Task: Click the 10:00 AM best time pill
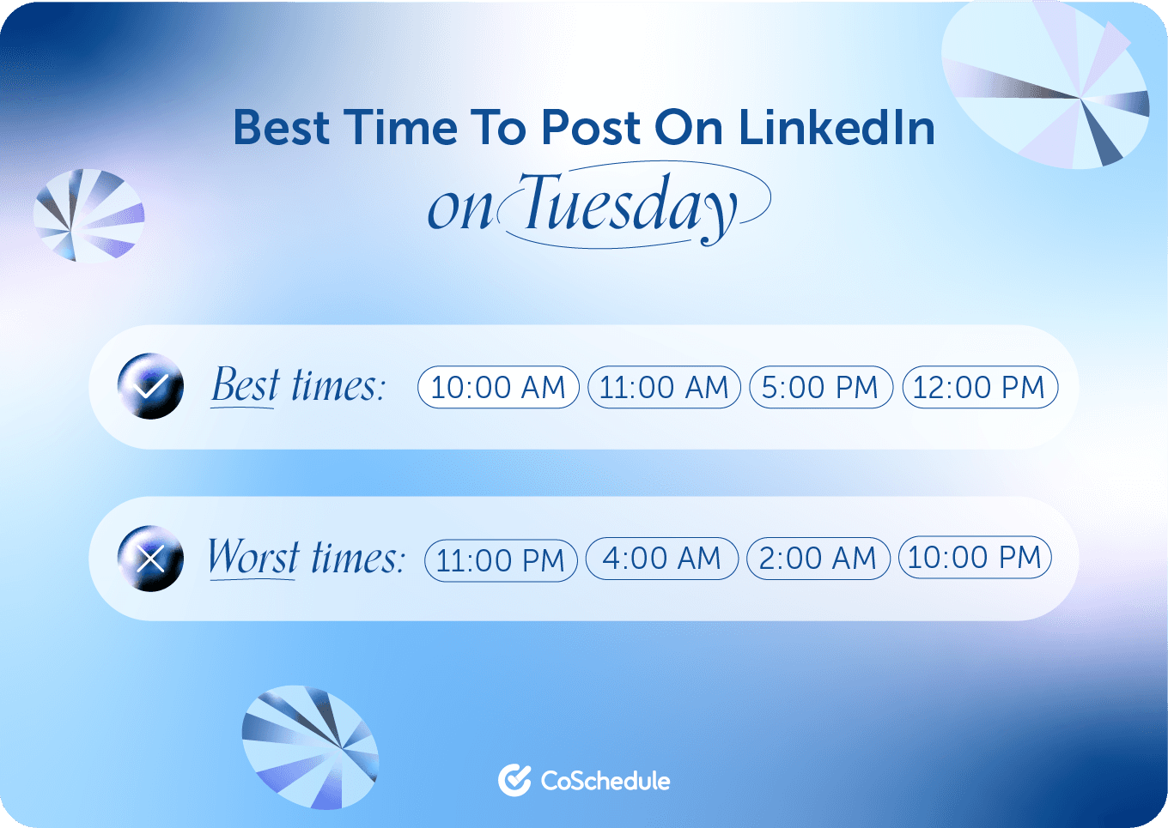point(498,387)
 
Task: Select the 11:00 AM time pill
point(664,387)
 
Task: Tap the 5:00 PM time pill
point(820,387)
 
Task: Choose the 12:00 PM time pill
point(979,387)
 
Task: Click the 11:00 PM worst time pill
point(501,560)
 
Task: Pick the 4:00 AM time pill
point(661,559)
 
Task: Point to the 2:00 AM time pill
point(818,559)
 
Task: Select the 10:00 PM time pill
point(974,558)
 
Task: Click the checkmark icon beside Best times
point(150,386)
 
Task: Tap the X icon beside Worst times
point(150,559)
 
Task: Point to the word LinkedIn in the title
point(836,128)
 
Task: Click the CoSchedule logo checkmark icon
point(514,780)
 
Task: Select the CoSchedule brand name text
point(605,781)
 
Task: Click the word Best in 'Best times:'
point(246,385)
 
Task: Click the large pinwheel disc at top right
point(1045,84)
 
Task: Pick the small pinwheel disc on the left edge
point(88,215)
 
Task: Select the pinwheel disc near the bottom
point(310,746)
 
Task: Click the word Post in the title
point(591,128)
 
